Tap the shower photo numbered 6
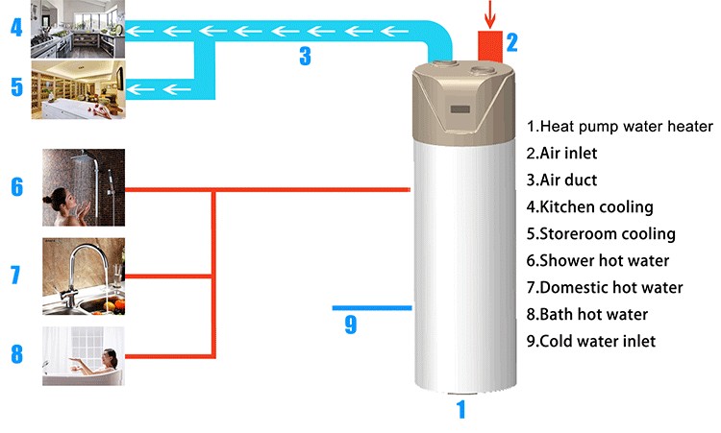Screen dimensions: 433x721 pyautogui.click(x=83, y=186)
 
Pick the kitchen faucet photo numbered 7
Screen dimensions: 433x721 pyautogui.click(x=83, y=276)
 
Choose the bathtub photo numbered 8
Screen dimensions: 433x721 pyautogui.click(x=83, y=356)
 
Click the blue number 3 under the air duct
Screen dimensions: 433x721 pyautogui.click(x=305, y=57)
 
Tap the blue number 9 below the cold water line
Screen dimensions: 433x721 pyautogui.click(x=350, y=325)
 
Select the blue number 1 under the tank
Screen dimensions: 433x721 pyautogui.click(x=460, y=410)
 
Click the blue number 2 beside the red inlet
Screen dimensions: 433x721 pyautogui.click(x=512, y=42)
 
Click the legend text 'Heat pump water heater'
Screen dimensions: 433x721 pyautogui.click(x=620, y=127)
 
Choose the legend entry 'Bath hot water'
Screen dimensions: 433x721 pyautogui.click(x=586, y=314)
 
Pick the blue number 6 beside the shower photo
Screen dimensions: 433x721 pyautogui.click(x=16, y=185)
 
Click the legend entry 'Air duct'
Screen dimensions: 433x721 pyautogui.click(x=569, y=180)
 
